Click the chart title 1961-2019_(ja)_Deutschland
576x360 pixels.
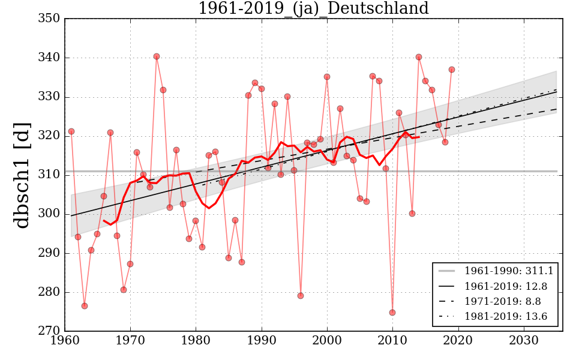[x=313, y=9]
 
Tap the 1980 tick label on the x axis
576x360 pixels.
[x=196, y=340]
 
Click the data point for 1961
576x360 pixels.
[x=71, y=131]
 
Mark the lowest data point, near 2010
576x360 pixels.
[x=392, y=313]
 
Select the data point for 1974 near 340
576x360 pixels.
[x=157, y=56]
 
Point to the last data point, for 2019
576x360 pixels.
[x=452, y=70]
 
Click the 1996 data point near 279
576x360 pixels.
[x=301, y=296]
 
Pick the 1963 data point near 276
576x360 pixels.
[x=85, y=306]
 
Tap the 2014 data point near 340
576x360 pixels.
[x=419, y=57]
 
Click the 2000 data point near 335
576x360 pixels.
[x=327, y=77]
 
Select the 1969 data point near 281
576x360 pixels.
[x=124, y=290]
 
